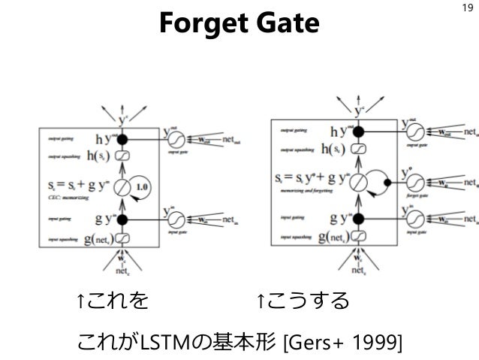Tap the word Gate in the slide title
pyautogui.click(x=283, y=26)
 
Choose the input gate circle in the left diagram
pyautogui.click(x=175, y=219)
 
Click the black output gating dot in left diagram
pyautogui.click(x=125, y=139)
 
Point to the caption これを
pyautogui.click(x=113, y=302)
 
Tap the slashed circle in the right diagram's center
pyautogui.click(x=357, y=181)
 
